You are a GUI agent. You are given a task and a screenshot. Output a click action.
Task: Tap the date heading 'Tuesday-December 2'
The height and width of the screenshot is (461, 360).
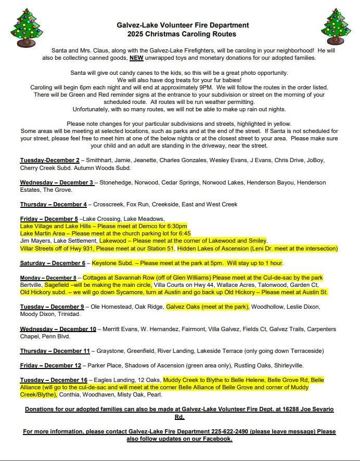pos(50,160)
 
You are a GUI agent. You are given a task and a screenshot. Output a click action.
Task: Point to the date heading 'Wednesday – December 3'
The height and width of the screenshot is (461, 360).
pos(57,182)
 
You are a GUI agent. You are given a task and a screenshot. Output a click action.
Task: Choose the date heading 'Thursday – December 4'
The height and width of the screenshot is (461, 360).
pos(54,204)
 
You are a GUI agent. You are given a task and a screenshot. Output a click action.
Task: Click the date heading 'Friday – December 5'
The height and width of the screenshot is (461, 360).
pos(49,219)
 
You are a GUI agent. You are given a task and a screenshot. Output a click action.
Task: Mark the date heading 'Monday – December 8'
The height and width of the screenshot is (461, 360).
pos(48,278)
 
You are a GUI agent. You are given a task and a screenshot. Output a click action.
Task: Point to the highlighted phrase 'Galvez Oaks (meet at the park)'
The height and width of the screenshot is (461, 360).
pos(208,307)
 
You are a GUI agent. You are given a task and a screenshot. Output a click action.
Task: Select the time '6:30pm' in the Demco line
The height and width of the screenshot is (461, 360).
pos(177,226)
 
